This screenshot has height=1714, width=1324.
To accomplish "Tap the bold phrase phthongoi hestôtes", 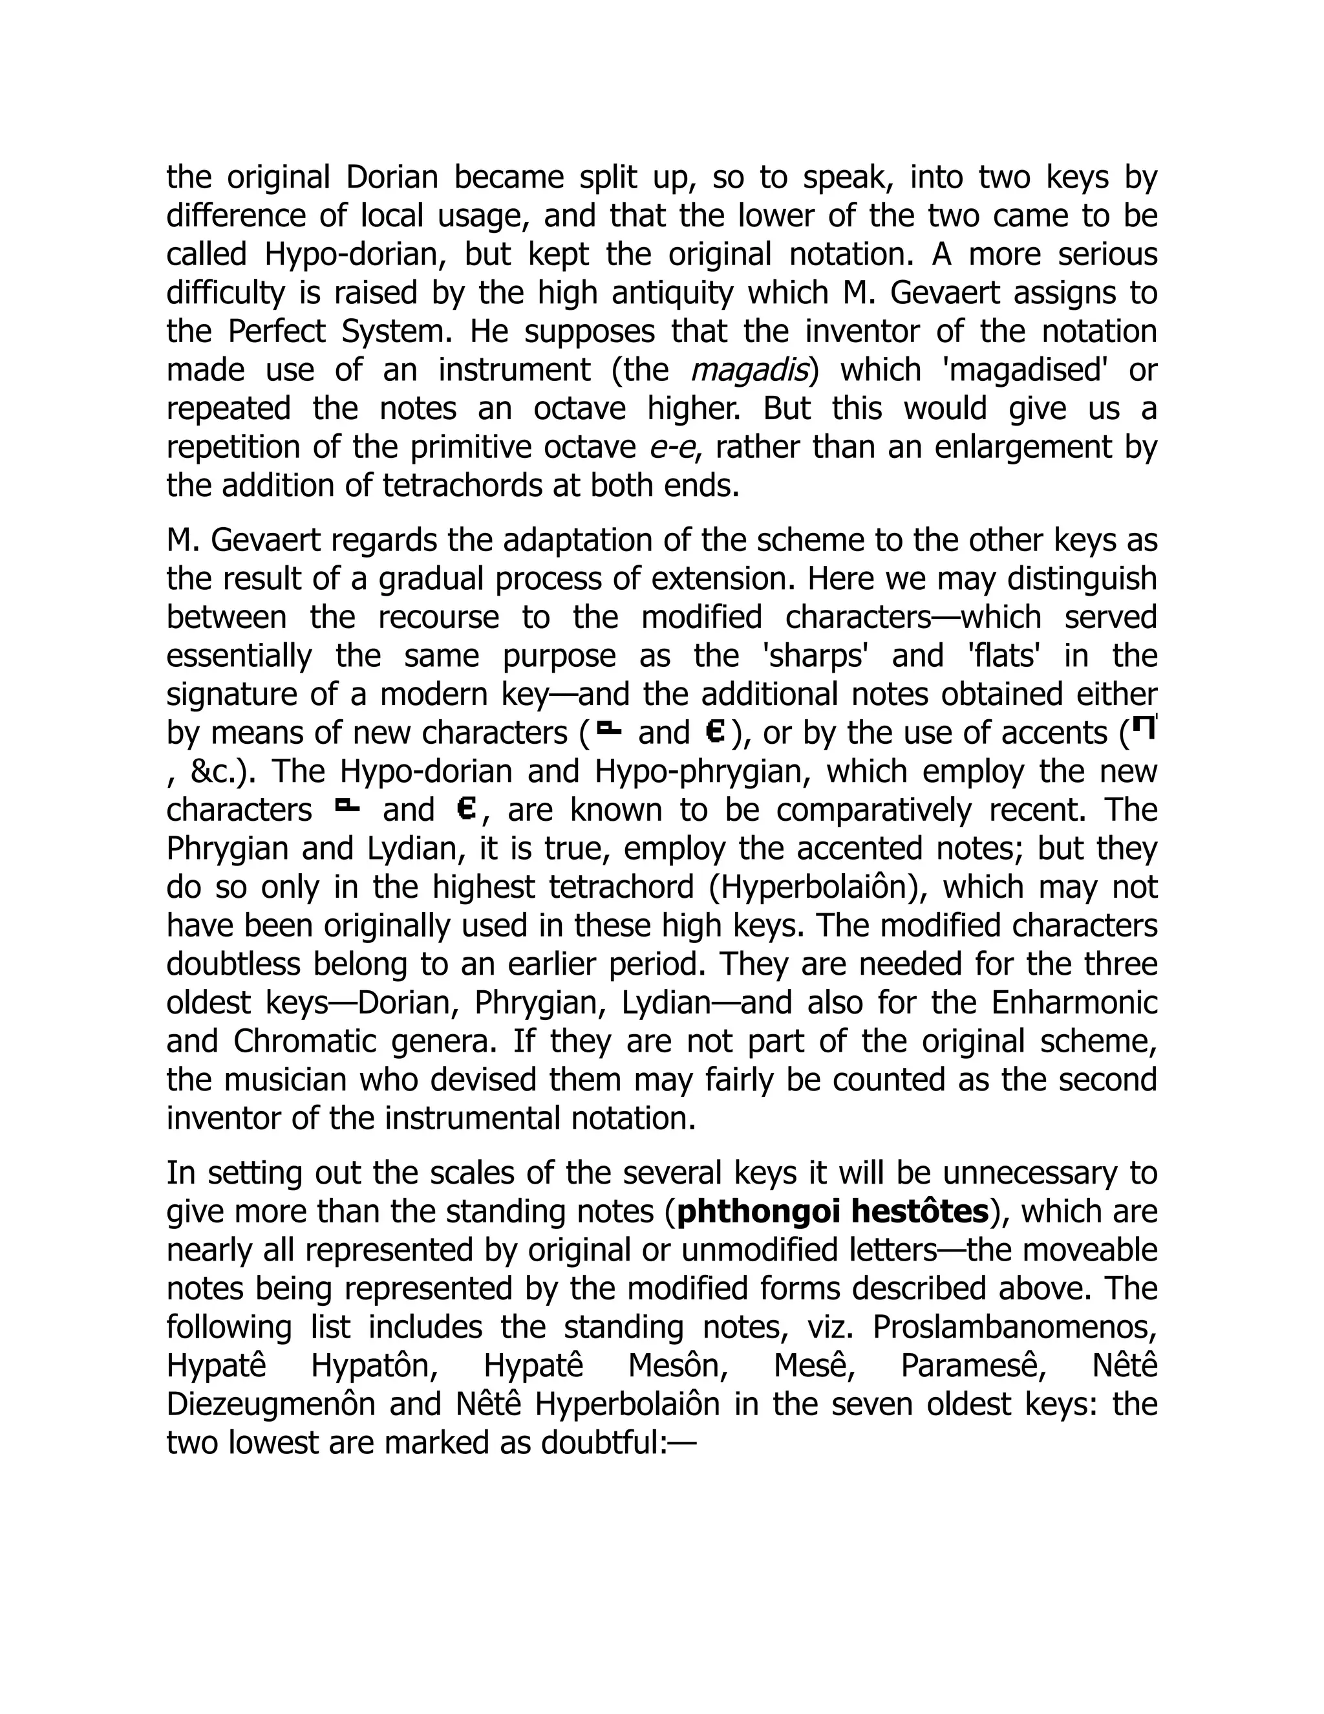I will pyautogui.click(x=832, y=1213).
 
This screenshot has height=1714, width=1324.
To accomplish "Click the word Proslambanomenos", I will pyautogui.click(x=1015, y=1328).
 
